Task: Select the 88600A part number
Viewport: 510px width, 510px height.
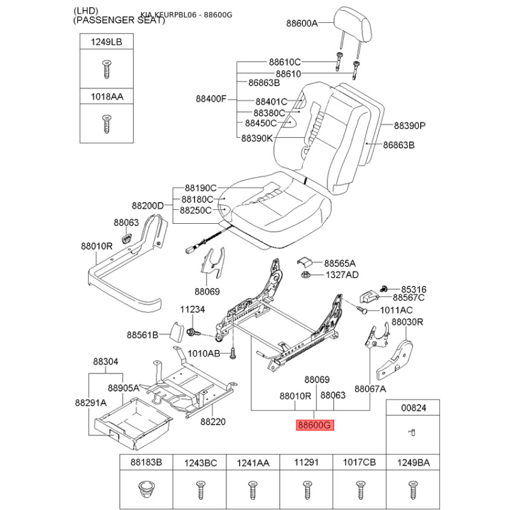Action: (x=302, y=24)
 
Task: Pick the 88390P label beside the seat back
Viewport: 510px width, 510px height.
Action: (x=409, y=126)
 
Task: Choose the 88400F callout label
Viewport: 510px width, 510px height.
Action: (x=211, y=99)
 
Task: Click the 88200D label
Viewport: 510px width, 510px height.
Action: (x=148, y=205)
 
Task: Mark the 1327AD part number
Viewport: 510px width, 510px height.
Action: (x=342, y=275)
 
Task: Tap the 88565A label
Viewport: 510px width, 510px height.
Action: (x=340, y=263)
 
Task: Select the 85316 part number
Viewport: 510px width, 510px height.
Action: (x=413, y=288)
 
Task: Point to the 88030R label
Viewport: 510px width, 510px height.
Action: (x=407, y=322)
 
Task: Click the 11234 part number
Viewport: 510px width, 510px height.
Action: (x=192, y=309)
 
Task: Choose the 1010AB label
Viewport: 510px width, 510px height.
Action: (x=204, y=353)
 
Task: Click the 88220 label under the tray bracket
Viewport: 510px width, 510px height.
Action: (x=213, y=421)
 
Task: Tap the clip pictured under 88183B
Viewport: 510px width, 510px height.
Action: (x=147, y=490)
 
